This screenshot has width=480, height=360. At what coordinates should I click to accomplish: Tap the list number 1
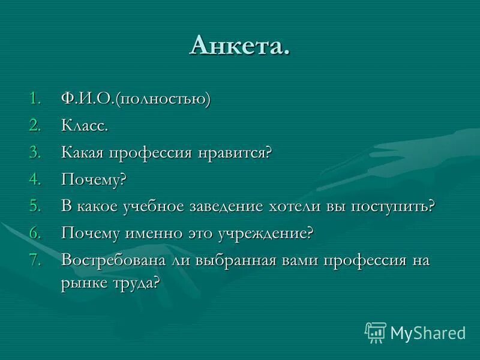(35, 99)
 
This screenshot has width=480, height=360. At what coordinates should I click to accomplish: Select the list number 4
(35, 179)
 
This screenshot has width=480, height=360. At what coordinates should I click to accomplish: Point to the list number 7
(35, 260)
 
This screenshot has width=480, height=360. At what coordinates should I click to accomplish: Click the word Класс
(85, 125)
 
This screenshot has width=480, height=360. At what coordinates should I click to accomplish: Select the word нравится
(236, 152)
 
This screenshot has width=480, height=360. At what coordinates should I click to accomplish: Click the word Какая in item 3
(83, 152)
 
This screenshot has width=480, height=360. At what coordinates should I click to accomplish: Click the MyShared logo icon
(375, 332)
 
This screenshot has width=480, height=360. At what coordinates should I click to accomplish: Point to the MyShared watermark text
(428, 332)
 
